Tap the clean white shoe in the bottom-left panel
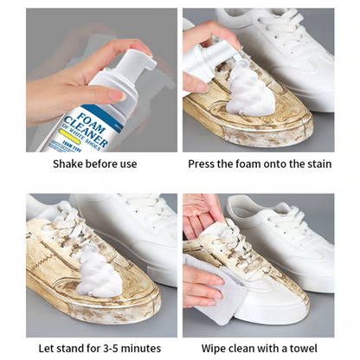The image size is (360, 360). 130,234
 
